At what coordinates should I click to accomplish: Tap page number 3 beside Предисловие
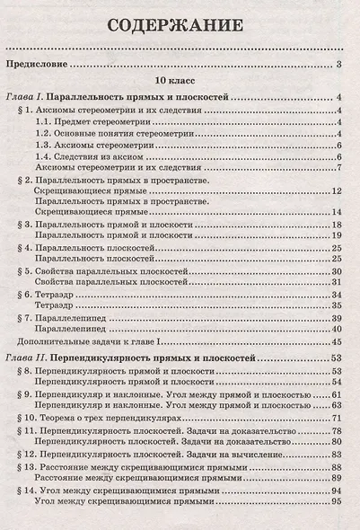tap(341, 64)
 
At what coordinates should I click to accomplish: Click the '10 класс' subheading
tap(180, 81)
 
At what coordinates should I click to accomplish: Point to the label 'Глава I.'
tap(26, 96)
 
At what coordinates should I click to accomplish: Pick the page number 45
tap(338, 341)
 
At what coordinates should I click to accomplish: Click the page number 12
tap(338, 192)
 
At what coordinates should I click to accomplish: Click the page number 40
tap(338, 330)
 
